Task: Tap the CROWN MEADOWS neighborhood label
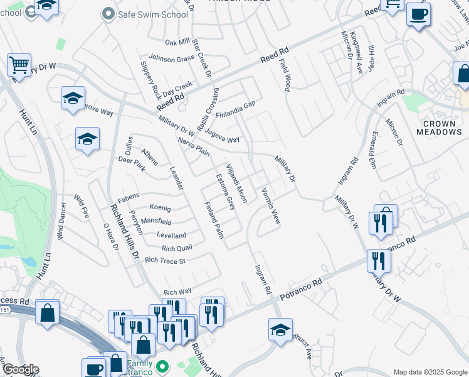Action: click(x=439, y=127)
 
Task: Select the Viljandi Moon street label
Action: click(x=236, y=183)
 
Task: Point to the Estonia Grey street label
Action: click(x=225, y=192)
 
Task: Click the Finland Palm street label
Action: click(x=214, y=221)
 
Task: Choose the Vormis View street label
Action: click(x=270, y=207)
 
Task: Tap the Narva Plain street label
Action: click(x=193, y=147)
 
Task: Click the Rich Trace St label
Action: click(x=165, y=260)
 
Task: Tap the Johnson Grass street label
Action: click(x=171, y=59)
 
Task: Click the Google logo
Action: click(x=21, y=369)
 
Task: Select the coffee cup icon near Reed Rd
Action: click(x=418, y=14)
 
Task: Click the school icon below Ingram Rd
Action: click(x=280, y=329)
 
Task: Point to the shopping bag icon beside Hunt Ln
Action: click(x=48, y=312)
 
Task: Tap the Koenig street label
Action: click(x=160, y=208)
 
